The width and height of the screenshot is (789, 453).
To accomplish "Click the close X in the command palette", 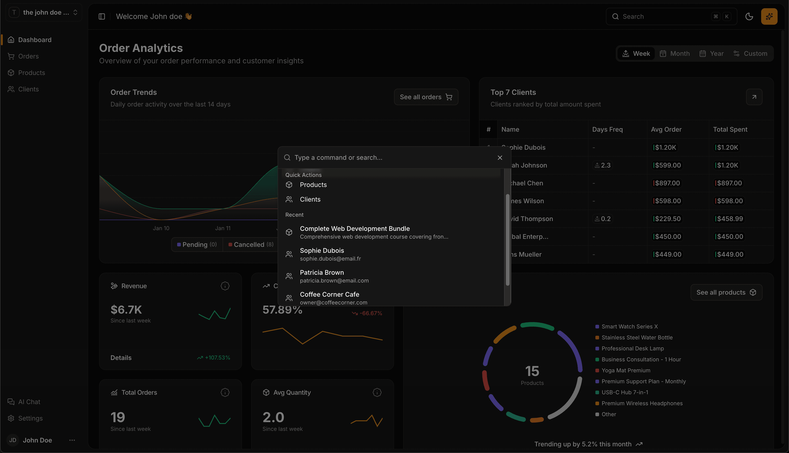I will pyautogui.click(x=500, y=158).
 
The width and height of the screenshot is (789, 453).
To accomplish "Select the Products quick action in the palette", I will pyautogui.click(x=313, y=185).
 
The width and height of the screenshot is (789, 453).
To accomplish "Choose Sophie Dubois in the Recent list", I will pyautogui.click(x=322, y=254).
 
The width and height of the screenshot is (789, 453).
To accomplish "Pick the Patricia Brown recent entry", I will pyautogui.click(x=322, y=276).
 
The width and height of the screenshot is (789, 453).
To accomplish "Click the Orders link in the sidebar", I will pyautogui.click(x=28, y=56).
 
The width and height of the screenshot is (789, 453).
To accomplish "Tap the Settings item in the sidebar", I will pyautogui.click(x=30, y=418).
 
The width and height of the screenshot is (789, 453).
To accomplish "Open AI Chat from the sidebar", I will pyautogui.click(x=29, y=402).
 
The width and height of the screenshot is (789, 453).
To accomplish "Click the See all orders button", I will pyautogui.click(x=426, y=97).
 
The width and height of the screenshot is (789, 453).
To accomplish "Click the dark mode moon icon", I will pyautogui.click(x=749, y=16).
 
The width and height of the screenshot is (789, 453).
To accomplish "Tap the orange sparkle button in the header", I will pyautogui.click(x=769, y=16).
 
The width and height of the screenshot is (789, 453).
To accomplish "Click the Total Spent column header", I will pyautogui.click(x=730, y=129).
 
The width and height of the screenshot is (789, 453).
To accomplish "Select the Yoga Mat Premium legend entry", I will pyautogui.click(x=626, y=370).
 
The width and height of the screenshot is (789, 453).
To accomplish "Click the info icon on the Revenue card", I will pyautogui.click(x=225, y=286).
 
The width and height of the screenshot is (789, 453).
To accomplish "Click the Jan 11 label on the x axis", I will pyautogui.click(x=223, y=228).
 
